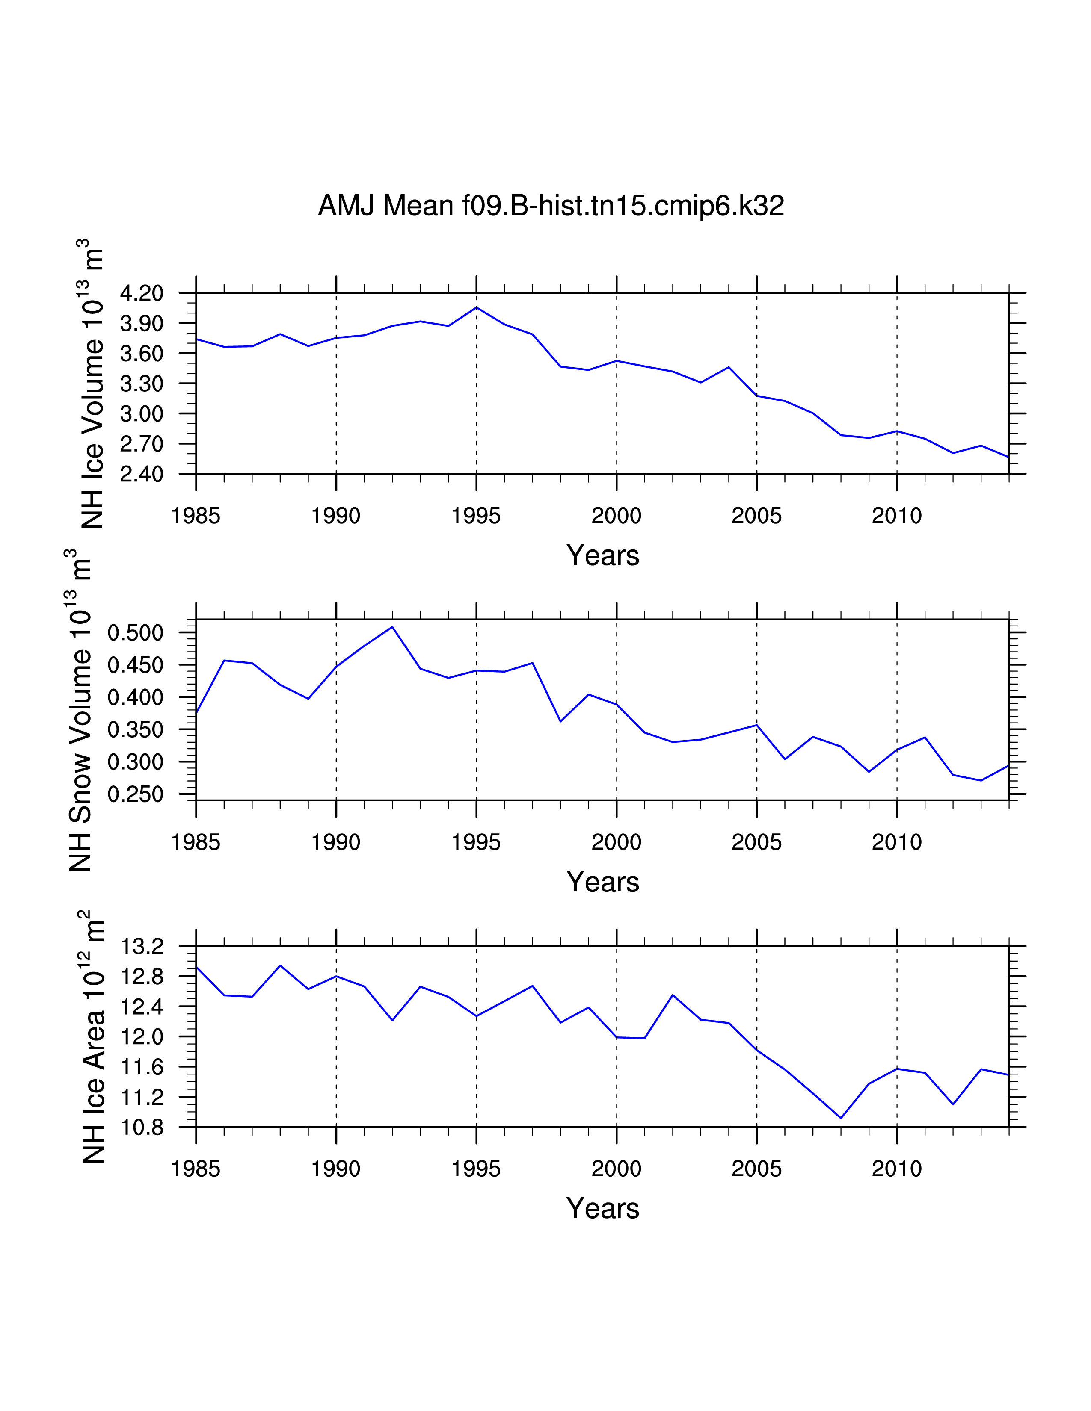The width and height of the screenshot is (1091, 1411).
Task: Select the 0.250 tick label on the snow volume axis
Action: pyautogui.click(x=135, y=794)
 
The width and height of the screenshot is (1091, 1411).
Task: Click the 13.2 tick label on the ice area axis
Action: pyautogui.click(x=142, y=947)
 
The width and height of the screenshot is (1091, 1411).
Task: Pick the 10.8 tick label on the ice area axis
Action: pyautogui.click(x=142, y=1128)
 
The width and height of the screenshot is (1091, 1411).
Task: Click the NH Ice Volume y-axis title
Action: pyautogui.click(x=92, y=384)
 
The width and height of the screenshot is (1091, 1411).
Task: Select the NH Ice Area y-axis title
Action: pyautogui.click(x=92, y=1037)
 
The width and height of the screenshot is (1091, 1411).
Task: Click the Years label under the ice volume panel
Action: pyautogui.click(x=602, y=555)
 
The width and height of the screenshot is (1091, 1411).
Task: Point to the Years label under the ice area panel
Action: pyautogui.click(x=602, y=1209)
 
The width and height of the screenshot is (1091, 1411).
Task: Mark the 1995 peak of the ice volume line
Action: pyautogui.click(x=476, y=307)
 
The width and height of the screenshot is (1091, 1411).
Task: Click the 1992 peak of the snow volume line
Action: pyautogui.click(x=392, y=627)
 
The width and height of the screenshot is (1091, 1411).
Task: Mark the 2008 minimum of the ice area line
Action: pyautogui.click(x=841, y=1118)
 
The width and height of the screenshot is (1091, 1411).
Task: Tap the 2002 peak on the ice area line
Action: pyautogui.click(x=673, y=995)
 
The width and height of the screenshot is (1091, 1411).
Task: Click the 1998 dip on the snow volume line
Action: pyautogui.click(x=560, y=721)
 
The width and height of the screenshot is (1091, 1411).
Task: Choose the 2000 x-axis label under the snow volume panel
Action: pyautogui.click(x=616, y=842)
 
